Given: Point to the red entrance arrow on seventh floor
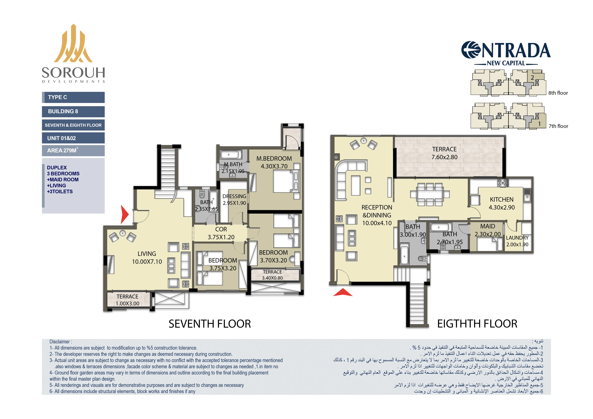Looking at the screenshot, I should point(124,214).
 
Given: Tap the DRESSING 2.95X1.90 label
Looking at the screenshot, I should point(234,199).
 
